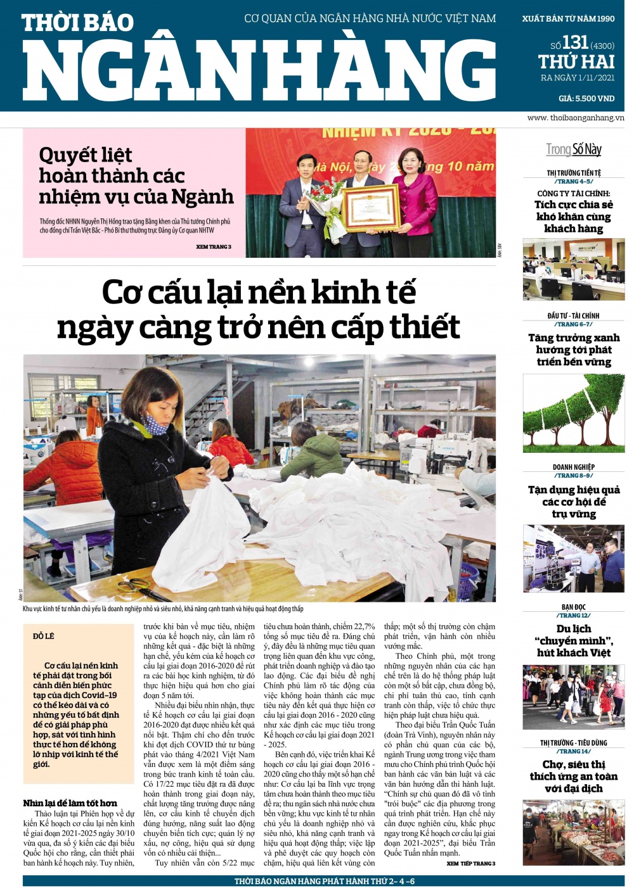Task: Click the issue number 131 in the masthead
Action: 575,42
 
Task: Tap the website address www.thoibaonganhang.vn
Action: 575,118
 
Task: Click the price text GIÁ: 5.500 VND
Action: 586,98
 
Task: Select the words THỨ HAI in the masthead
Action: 576,62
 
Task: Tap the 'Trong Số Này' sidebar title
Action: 574,149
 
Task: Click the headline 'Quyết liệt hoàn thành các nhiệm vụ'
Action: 136,175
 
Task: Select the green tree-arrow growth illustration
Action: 573,413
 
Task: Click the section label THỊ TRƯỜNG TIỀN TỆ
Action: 574,173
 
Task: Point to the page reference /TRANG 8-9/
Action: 574,476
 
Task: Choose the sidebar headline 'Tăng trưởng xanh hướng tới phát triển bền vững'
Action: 574,350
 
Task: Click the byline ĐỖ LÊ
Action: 44,636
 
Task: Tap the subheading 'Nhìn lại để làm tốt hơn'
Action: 70,803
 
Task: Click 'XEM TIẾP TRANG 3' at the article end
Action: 470,863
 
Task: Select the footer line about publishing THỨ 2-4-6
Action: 324,881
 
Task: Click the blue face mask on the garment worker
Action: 154,422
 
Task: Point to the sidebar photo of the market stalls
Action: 573,832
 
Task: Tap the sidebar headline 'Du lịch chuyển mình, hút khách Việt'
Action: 574,640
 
